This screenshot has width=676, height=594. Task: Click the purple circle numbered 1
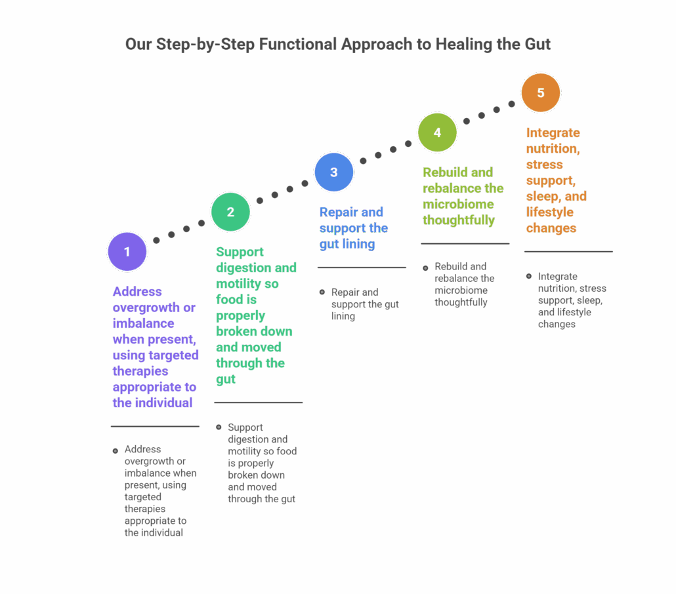(x=127, y=251)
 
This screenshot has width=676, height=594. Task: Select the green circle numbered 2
(x=230, y=212)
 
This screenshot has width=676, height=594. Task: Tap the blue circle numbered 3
(x=333, y=172)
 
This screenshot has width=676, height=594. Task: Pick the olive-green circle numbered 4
(x=437, y=132)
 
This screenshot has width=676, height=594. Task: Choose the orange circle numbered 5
(x=541, y=93)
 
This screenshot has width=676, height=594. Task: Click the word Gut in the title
(x=536, y=45)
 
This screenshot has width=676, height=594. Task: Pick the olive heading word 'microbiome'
(x=458, y=204)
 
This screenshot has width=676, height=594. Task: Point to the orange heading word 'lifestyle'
(x=550, y=212)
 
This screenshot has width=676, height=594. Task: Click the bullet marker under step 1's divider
(x=116, y=450)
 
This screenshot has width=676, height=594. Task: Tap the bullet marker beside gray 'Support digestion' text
(x=219, y=427)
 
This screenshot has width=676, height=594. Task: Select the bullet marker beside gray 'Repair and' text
(x=322, y=292)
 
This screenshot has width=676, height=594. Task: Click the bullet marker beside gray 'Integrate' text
(x=529, y=276)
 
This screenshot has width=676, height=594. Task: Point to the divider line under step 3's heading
(x=362, y=267)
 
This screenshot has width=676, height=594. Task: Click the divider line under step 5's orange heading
(x=568, y=252)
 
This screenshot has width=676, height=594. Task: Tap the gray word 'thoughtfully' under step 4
(x=461, y=302)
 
